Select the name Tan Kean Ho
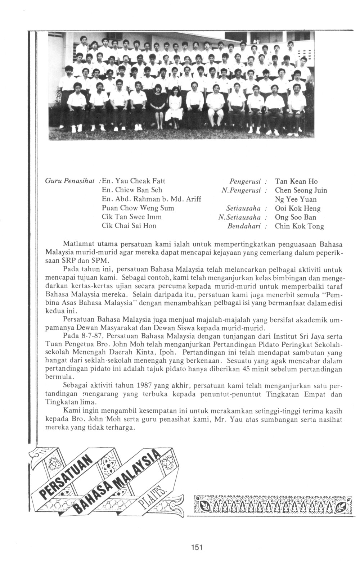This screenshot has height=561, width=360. pyautogui.click(x=296, y=181)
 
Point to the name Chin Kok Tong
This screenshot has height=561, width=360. pyautogui.click(x=299, y=226)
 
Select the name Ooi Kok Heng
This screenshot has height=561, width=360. pyautogui.click(x=297, y=208)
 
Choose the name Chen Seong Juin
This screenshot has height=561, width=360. pyautogui.click(x=301, y=190)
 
